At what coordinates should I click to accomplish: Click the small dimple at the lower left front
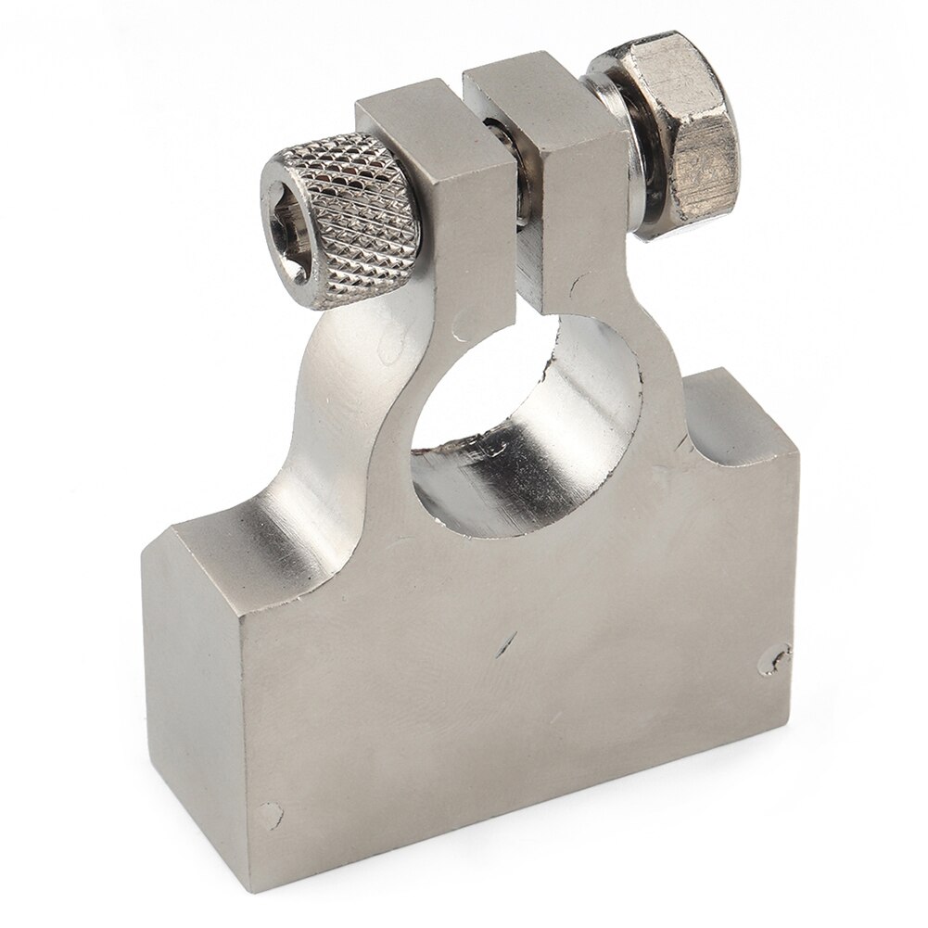(270, 808)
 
